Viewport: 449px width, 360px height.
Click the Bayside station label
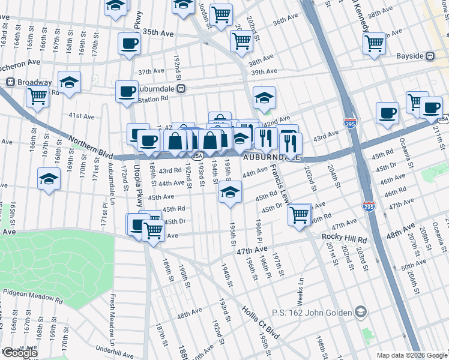click(409, 56)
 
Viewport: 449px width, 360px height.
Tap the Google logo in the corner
click(19, 353)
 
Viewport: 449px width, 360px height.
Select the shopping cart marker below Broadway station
click(38, 95)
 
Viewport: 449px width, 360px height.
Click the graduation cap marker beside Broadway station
click(70, 82)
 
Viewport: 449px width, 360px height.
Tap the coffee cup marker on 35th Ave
click(129, 44)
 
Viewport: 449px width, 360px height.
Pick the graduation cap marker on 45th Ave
click(230, 192)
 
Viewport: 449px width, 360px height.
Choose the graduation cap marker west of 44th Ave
click(49, 178)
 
